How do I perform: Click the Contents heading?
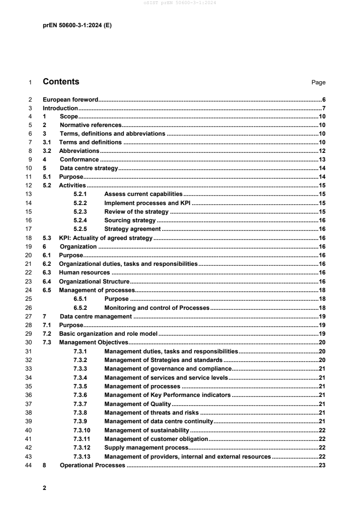[61, 82]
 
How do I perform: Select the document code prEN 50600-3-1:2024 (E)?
[77, 25]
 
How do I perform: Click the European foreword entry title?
[70, 99]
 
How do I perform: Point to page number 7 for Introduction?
[324, 108]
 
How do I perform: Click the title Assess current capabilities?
[143, 194]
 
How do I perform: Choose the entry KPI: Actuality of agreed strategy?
[106, 238]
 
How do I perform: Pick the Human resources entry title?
[84, 273]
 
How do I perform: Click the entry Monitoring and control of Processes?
[156, 308]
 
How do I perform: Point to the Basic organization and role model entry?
[108, 333]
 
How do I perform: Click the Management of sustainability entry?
[146, 430]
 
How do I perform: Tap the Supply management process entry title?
[143, 447]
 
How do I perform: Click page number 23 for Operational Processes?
[322, 465]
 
